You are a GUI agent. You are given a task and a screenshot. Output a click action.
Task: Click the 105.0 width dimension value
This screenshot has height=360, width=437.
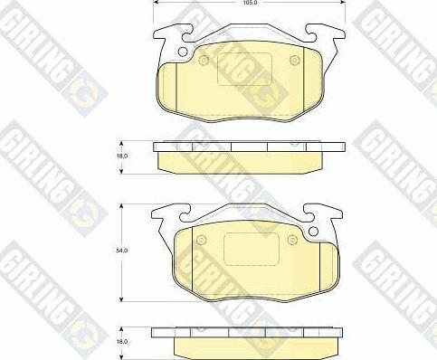coord(250,4)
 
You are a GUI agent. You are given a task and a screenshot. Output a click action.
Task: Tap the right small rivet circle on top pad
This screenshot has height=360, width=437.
coord(293,62)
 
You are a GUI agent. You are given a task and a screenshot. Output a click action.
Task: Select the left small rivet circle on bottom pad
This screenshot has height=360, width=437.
coord(203,241)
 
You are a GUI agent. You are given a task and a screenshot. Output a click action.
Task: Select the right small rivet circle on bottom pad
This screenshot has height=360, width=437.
coord(292,241)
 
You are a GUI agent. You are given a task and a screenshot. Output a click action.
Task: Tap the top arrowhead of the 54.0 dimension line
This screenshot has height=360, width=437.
coord(123,207)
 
